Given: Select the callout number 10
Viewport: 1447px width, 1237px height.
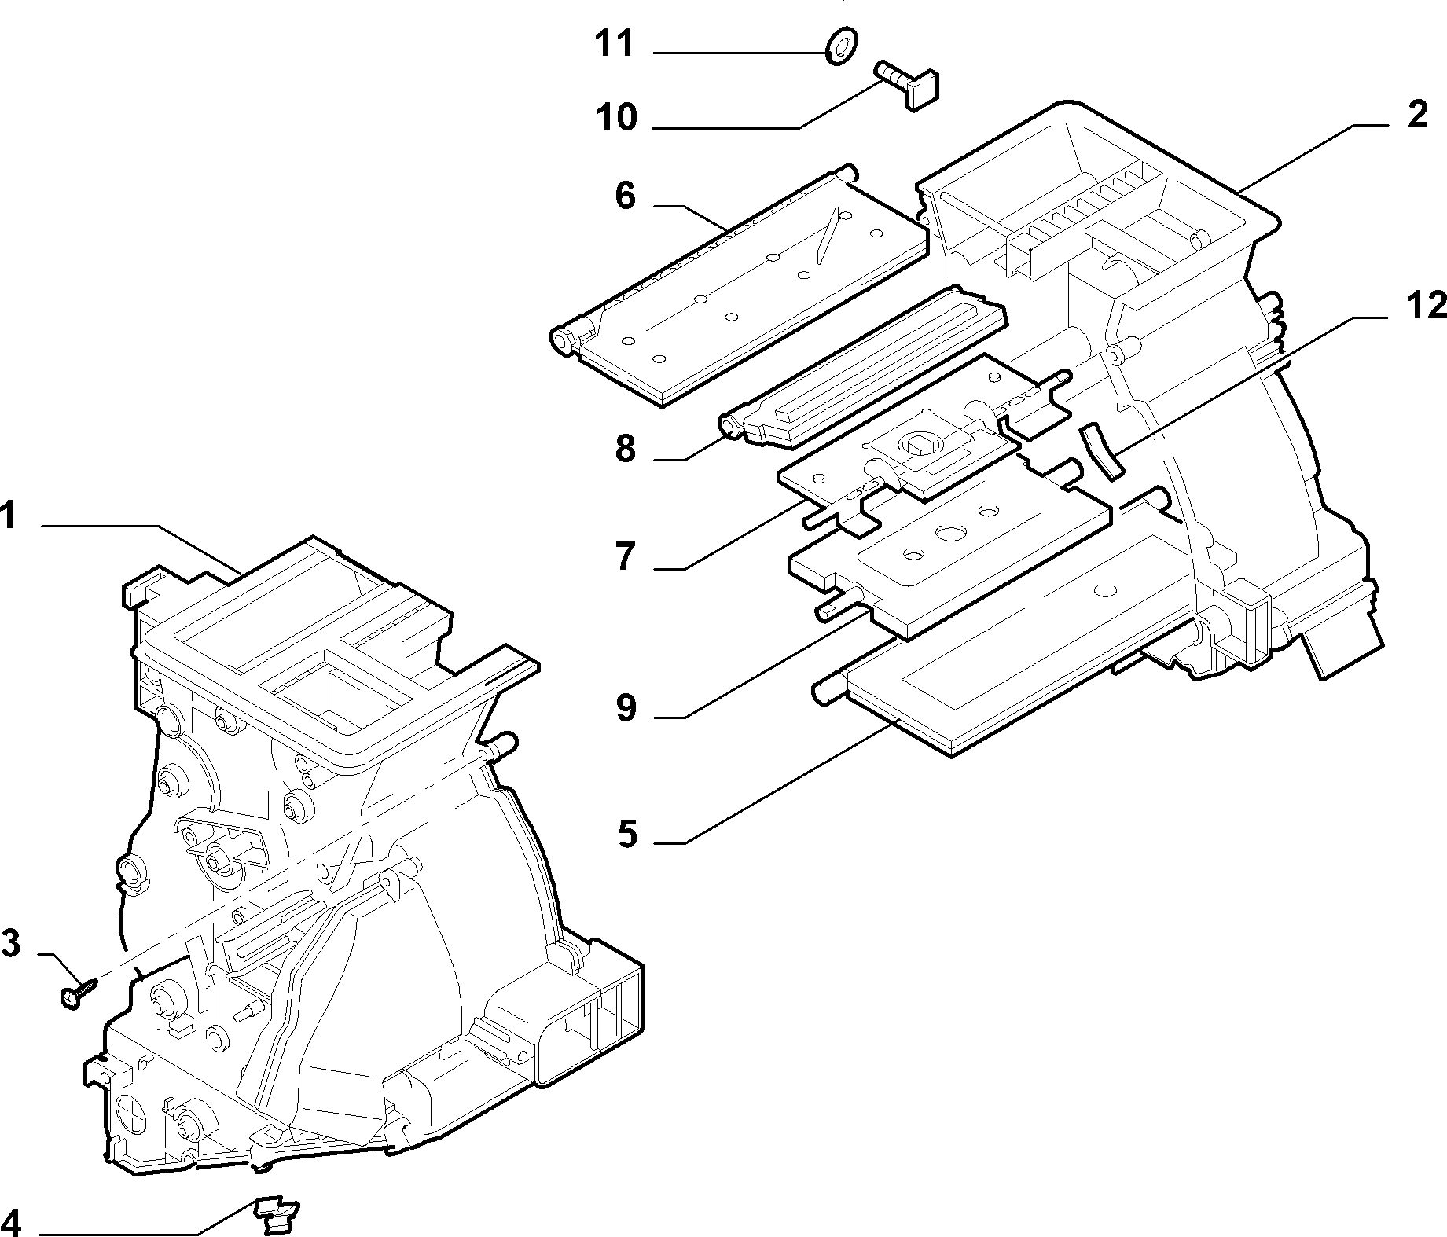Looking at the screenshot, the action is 615,118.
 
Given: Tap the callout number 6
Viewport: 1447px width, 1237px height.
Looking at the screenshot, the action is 625,196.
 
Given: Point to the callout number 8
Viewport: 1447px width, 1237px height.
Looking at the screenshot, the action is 626,450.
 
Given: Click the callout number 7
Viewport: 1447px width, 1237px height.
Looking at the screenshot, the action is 626,557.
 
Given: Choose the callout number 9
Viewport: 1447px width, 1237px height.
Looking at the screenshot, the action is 626,709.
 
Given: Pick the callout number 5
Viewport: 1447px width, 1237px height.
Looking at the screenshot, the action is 626,834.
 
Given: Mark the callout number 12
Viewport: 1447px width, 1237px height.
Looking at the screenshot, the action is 1426,306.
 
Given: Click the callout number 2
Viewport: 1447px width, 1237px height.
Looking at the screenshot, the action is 1417,116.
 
